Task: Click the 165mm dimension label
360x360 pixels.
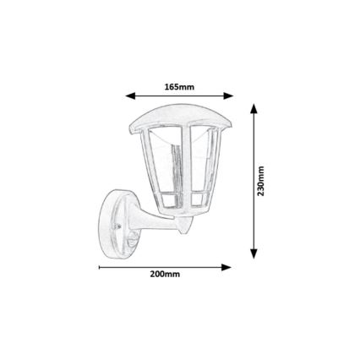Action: tap(179, 87)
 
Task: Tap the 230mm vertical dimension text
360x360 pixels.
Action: tap(260, 181)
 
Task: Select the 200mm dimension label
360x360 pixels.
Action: tap(165, 275)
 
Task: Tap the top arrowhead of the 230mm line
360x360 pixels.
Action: tap(253, 109)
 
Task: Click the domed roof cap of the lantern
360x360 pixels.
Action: tap(179, 114)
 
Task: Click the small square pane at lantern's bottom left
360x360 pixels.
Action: tap(166, 203)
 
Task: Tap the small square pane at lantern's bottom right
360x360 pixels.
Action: tap(200, 203)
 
